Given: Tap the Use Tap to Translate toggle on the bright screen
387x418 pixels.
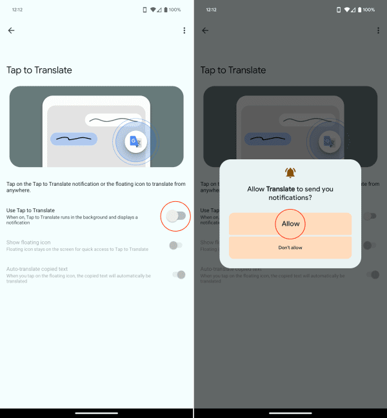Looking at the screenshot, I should [x=175, y=216].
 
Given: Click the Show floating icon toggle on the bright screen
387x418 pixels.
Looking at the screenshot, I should [x=175, y=245].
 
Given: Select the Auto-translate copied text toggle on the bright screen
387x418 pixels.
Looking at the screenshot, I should [x=179, y=275].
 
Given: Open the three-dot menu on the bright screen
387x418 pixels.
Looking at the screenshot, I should [x=184, y=30].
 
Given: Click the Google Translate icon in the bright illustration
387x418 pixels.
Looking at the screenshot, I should [x=135, y=142].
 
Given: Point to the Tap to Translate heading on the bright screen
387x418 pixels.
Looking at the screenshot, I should [x=39, y=70].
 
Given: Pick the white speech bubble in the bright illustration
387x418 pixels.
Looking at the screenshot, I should [x=114, y=120].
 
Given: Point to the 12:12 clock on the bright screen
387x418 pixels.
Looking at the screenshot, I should [x=17, y=10].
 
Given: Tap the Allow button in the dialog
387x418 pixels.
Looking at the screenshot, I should [x=290, y=224].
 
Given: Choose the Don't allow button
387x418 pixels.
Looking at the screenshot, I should [x=290, y=248].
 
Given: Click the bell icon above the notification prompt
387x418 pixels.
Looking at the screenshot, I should [x=290, y=173].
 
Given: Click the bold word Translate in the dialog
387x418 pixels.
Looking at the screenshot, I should [x=281, y=188].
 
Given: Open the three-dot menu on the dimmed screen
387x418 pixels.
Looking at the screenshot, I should [x=378, y=30].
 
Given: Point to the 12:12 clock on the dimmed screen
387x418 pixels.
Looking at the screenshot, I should [x=211, y=10].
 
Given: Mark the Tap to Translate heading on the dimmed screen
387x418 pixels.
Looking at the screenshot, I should [x=233, y=70].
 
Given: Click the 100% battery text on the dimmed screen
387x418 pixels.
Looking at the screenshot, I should [x=369, y=10].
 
